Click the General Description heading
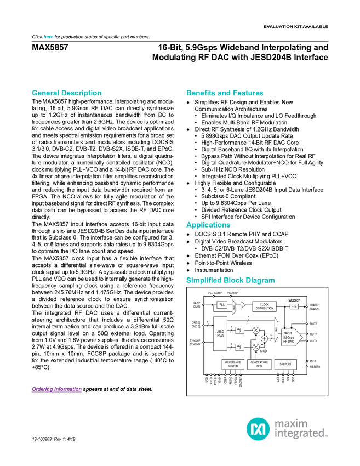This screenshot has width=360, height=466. [66, 93]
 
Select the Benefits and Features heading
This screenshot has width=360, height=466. [225, 93]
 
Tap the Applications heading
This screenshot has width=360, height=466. [208, 225]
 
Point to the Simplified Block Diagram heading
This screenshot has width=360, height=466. [230, 280]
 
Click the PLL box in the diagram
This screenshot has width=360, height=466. [222, 305]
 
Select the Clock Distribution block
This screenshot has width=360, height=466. [264, 307]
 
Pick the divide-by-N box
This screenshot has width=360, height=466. [294, 306]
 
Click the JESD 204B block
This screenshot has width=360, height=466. [220, 334]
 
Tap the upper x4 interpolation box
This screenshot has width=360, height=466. [239, 330]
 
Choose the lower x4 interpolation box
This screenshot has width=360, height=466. [239, 347]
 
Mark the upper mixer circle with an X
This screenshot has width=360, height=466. [255, 330]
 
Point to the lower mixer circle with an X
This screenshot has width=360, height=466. [255, 347]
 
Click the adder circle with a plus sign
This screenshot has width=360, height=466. [264, 339]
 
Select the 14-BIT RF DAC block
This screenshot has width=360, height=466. [290, 337]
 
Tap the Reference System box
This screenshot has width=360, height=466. [233, 364]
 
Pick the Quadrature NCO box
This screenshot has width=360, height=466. [259, 364]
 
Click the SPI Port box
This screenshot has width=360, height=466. [285, 364]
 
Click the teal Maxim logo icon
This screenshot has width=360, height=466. [257, 428]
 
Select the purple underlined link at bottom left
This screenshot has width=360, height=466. [56, 390]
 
